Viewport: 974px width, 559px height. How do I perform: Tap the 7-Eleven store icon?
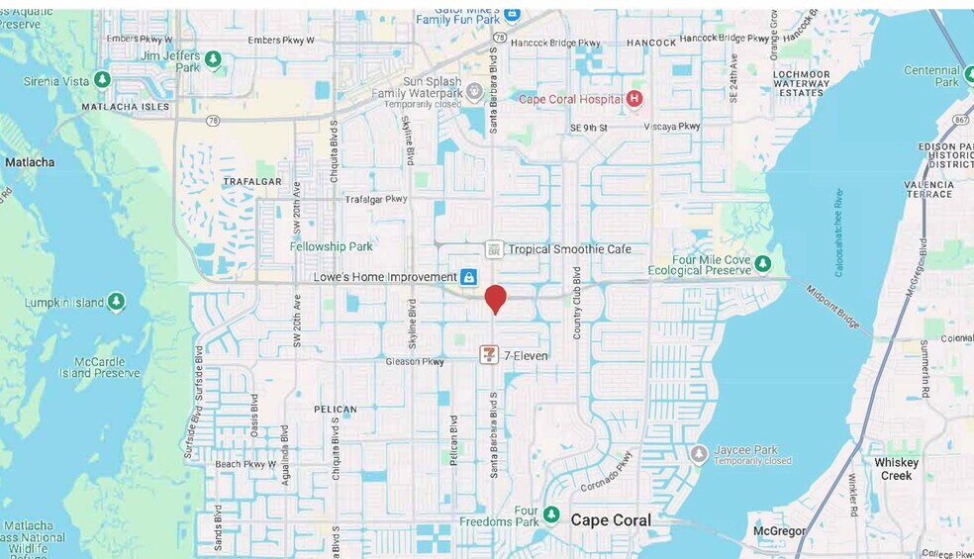pos(489,354)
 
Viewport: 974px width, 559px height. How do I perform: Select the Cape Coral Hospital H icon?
pos(634,99)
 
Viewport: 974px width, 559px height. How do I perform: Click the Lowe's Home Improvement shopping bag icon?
pos(468,277)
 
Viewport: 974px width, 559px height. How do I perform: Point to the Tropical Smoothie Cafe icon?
pos(494,249)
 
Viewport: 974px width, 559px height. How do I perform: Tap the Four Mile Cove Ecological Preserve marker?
pos(762,263)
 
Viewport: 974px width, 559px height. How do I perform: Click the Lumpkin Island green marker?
pos(117,300)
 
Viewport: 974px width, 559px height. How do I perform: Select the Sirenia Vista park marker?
pos(103,79)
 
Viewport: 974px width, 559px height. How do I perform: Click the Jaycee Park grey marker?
pos(699,454)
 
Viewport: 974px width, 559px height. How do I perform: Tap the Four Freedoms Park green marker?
pos(551,514)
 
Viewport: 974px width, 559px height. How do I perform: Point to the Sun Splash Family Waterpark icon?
pos(474,92)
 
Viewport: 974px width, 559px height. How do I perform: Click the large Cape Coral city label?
pos(611,520)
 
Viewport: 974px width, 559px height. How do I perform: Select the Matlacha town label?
pos(30,162)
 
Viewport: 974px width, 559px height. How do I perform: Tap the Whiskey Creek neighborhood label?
pos(897,469)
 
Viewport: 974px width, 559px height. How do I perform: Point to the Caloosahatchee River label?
pos(838,233)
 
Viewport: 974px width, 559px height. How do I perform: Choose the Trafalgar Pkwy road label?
pos(376,199)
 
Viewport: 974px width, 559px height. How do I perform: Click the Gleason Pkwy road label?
pos(415,362)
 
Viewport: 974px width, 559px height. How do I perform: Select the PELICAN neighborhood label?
pos(335,409)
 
